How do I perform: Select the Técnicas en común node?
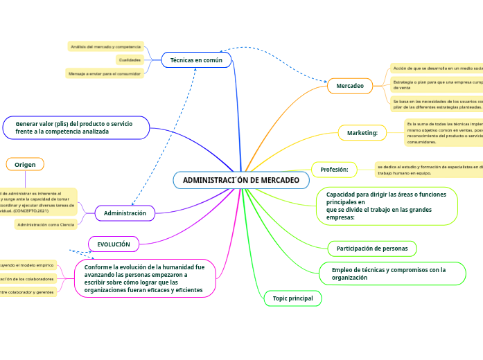(x=196, y=60)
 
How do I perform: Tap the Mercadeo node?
(x=350, y=85)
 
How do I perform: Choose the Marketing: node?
(x=362, y=132)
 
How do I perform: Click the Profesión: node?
(x=334, y=169)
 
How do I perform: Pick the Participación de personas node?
(x=371, y=248)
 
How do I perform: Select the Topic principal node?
(x=292, y=298)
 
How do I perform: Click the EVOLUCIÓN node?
(x=114, y=244)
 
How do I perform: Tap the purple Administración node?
(x=125, y=213)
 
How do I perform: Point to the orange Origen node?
(x=25, y=164)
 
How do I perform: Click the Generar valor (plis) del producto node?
(x=76, y=127)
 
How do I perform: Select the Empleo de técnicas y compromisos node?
(x=392, y=273)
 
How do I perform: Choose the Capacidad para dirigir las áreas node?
(x=387, y=206)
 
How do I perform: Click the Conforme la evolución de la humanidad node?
(x=145, y=278)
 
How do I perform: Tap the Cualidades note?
(x=130, y=60)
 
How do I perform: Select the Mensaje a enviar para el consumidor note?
(x=104, y=73)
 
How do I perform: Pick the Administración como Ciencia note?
(x=46, y=224)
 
